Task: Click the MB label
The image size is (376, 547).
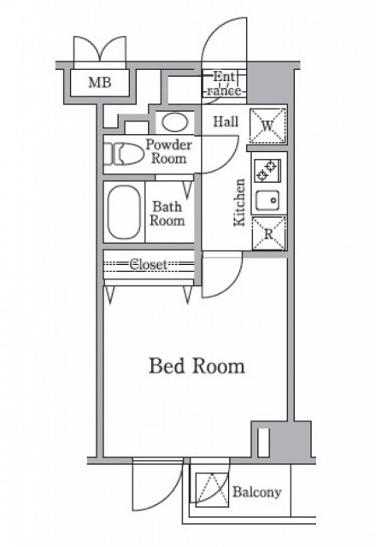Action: coord(100,82)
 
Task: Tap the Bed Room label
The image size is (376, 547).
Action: coord(197,367)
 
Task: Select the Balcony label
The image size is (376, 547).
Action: coord(256,492)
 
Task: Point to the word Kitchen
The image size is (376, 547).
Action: coord(240,203)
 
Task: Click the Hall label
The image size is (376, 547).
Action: coord(226,121)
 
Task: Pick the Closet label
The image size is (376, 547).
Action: coord(149,264)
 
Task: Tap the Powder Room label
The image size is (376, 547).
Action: coord(169,152)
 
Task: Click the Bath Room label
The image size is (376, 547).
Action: coord(167,214)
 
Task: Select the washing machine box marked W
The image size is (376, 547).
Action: coord(267,126)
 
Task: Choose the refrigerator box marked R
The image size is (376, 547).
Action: coord(268,233)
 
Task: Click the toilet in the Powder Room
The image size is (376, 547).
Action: coord(124,154)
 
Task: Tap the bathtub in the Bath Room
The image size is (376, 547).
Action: coord(124,212)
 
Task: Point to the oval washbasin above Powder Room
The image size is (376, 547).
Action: coord(175,122)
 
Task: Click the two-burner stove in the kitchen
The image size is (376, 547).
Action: coord(267,171)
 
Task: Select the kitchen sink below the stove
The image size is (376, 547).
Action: coord(267,200)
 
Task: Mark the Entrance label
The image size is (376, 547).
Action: coord(224,84)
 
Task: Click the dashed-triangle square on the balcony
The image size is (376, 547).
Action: coord(212,490)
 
